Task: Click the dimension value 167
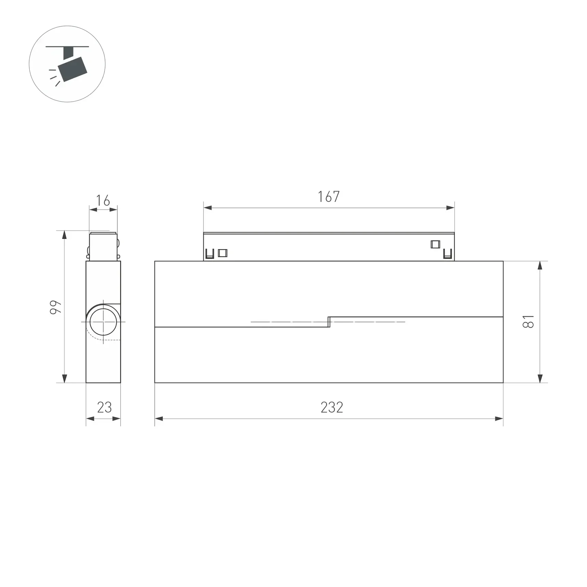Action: tap(328, 197)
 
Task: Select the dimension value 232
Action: tap(332, 407)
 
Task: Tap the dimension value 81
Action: tap(528, 321)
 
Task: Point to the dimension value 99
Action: tap(56, 307)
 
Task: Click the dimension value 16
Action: tap(103, 201)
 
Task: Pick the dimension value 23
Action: tap(104, 407)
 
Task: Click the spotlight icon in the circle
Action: tap(72, 67)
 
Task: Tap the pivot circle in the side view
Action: tap(103, 322)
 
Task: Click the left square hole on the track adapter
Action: tap(223, 253)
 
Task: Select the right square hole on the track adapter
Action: tap(435, 244)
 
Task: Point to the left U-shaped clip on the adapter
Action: tap(210, 254)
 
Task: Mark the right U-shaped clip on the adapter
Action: tap(447, 254)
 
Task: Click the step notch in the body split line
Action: tap(329, 322)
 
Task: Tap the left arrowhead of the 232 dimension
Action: tap(159, 419)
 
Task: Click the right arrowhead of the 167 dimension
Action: tap(450, 208)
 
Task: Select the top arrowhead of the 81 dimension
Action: tap(540, 266)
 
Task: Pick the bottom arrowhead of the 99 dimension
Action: tap(65, 378)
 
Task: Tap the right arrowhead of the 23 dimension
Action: tap(116, 419)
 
